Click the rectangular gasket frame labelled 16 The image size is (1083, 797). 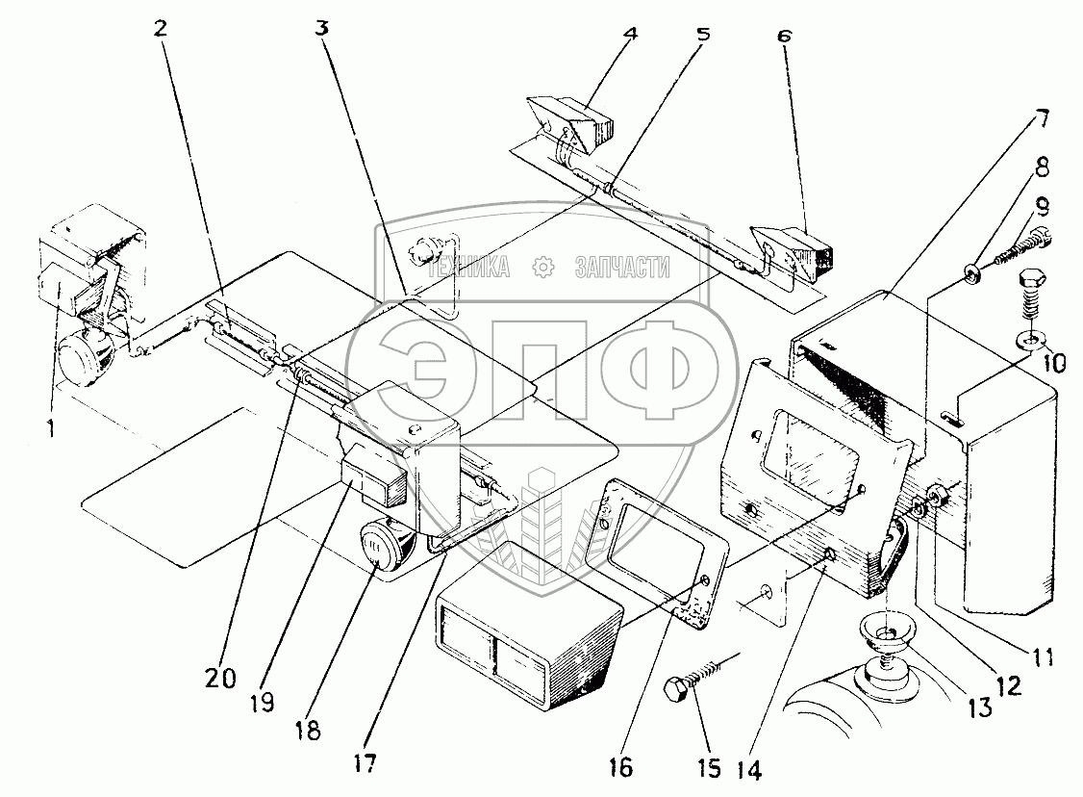[x=656, y=549]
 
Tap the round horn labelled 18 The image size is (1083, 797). [x=387, y=550]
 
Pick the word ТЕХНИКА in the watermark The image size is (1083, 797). [x=472, y=269]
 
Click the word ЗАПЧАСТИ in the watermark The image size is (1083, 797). [x=620, y=269]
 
